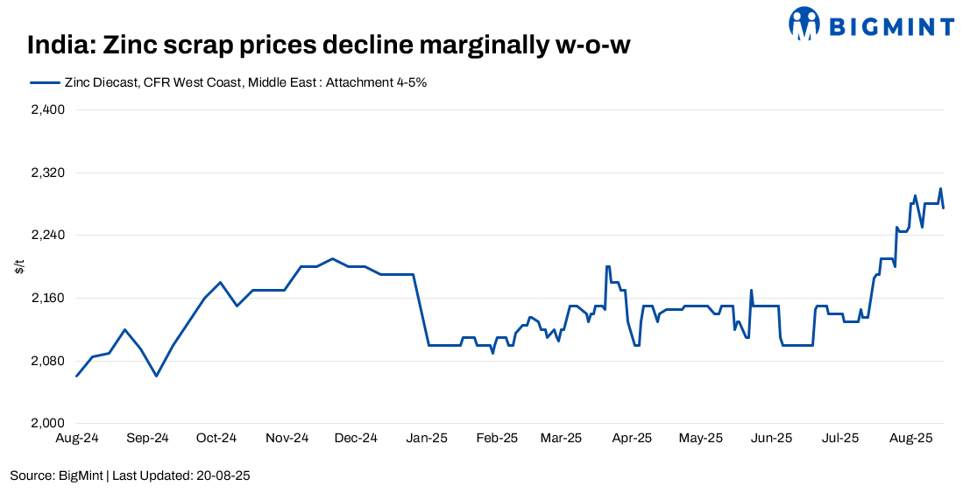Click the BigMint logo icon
tap(804, 23)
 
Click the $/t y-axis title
tap(19, 267)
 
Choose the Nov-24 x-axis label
tap(287, 438)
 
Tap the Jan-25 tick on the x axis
tap(428, 438)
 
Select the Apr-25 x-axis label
tap(632, 438)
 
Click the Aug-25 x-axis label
tap(912, 438)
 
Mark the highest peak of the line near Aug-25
tap(940, 188)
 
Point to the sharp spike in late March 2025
tap(607, 266)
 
